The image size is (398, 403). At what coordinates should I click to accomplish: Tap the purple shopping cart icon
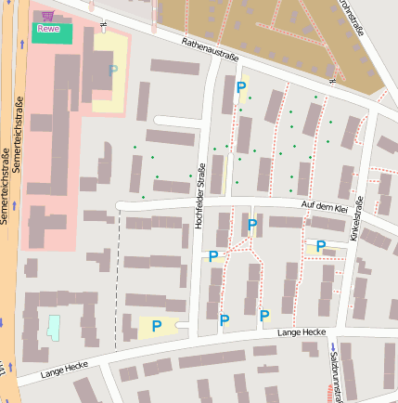click(47, 16)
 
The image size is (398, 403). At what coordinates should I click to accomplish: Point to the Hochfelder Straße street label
click(199, 191)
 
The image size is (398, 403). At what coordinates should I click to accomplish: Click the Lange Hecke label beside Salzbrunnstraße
click(302, 331)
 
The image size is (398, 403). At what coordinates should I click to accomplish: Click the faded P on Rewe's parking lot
click(113, 70)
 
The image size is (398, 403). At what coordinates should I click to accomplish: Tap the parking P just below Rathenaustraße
click(241, 87)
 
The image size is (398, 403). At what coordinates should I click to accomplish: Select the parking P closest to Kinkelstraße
click(320, 246)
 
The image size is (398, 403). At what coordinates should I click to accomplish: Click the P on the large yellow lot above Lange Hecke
click(157, 326)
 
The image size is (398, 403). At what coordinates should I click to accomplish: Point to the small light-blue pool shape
click(53, 327)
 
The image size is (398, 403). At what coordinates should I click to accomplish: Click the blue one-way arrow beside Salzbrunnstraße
click(331, 348)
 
